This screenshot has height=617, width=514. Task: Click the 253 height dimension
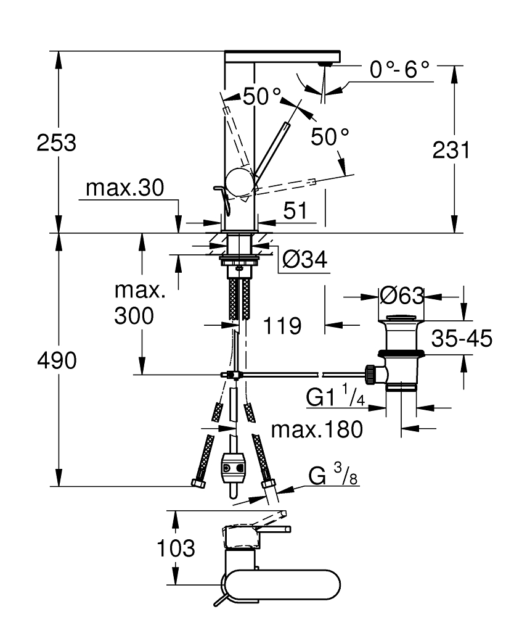coord(57,143)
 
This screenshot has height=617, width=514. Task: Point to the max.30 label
coord(124,189)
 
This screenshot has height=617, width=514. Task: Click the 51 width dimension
coord(295,211)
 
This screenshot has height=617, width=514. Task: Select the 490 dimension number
coord(56,361)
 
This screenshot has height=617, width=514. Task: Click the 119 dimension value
coord(283,325)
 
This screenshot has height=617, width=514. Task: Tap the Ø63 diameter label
coord(402,296)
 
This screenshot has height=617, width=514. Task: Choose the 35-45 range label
coord(462,339)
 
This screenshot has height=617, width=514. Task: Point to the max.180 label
coord(317,429)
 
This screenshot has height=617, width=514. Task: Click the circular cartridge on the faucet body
coord(239,181)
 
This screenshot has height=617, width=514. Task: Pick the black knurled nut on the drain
coord(372,374)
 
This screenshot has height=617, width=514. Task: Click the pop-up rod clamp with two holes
coord(233,468)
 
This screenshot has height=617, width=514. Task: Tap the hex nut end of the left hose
coord(198,483)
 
